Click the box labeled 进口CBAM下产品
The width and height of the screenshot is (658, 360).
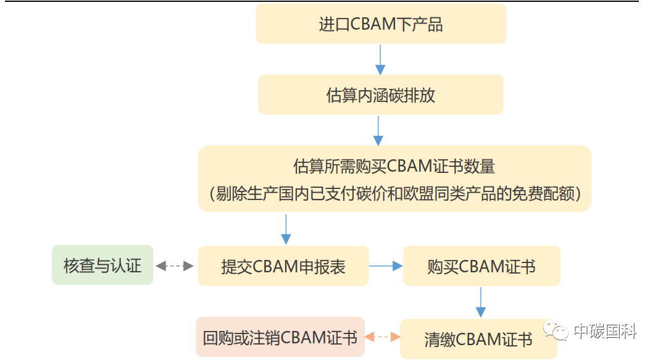(x=381, y=24)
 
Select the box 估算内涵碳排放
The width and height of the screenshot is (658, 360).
(x=380, y=95)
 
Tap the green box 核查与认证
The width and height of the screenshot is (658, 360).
(x=102, y=266)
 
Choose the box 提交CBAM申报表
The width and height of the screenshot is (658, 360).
(x=283, y=266)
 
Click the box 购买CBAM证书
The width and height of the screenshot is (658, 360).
(x=481, y=266)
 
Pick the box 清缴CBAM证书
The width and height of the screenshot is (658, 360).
(x=478, y=339)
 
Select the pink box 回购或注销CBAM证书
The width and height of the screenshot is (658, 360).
(x=280, y=337)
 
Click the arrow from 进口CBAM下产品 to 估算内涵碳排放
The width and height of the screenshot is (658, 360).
(x=381, y=59)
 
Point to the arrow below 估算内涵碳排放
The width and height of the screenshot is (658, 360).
(x=378, y=130)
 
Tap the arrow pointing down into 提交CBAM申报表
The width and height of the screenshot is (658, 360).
(x=286, y=229)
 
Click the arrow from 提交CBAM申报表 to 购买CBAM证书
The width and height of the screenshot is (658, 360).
(x=386, y=266)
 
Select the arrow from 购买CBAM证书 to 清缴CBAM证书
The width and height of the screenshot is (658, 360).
(x=481, y=302)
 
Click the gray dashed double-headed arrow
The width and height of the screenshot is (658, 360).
(x=175, y=266)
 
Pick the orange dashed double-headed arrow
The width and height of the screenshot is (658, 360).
(x=382, y=337)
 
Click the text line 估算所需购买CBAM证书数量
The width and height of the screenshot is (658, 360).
(x=394, y=166)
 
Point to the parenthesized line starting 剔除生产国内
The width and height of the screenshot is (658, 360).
(x=394, y=193)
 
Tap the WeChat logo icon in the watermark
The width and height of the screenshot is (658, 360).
(x=556, y=332)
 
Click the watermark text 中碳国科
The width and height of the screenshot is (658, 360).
(x=604, y=332)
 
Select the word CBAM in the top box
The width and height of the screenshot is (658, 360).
(x=373, y=24)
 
